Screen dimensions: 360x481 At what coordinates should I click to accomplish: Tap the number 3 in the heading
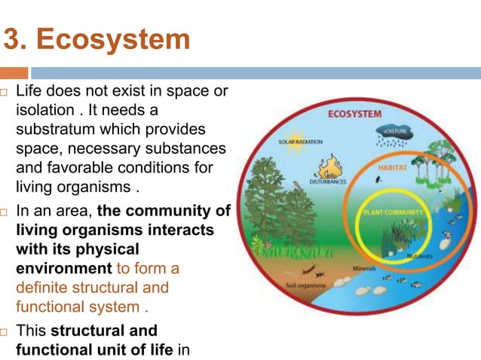pos(13,39)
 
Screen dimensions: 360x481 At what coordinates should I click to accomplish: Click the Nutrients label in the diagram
pos(420,257)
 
